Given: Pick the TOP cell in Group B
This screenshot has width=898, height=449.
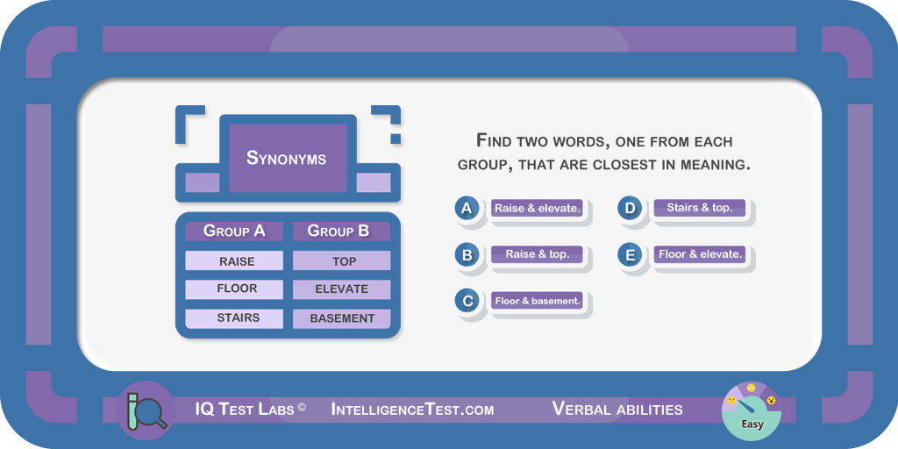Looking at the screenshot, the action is pos(342,260).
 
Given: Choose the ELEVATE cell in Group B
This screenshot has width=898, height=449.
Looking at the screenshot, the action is pos(342,289).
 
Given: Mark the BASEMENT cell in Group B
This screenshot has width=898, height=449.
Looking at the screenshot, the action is pos(342,318).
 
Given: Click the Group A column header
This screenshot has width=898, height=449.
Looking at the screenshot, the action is pos(233,231).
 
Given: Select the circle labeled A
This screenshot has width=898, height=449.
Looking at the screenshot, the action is pos(467,208).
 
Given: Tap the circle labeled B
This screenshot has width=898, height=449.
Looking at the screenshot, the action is pos(467,254).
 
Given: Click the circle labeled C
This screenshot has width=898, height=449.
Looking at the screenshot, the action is pos(467,301).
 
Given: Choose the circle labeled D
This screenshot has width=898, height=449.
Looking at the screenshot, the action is pos(630,208).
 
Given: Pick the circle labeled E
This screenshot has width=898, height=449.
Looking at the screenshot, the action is pos(630,254).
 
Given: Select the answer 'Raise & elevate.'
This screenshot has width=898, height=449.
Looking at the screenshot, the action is pos(538,208).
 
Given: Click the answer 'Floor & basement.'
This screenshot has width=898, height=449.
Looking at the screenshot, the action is pos(538,301).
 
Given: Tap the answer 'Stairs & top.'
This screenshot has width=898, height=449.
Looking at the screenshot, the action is pos(700,208).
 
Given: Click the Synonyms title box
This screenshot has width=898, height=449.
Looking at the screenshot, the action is pos(288,158).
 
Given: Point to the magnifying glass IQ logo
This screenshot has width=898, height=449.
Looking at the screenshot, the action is pos(145,410).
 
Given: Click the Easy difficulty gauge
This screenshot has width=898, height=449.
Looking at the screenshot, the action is pos(752,410).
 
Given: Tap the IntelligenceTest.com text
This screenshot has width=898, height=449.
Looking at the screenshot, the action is pos(412,410).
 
